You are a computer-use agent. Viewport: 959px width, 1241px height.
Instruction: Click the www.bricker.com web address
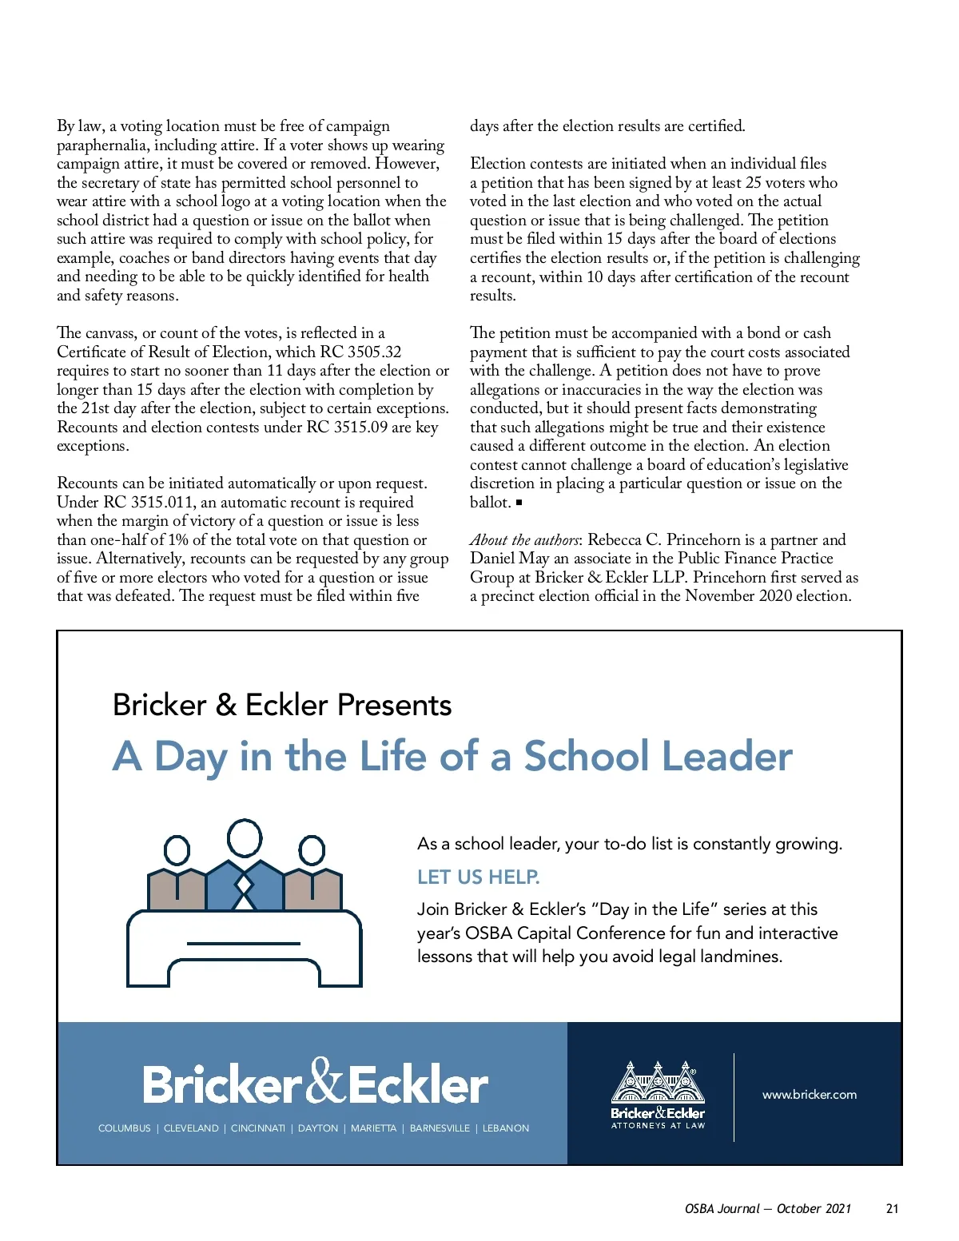(809, 1095)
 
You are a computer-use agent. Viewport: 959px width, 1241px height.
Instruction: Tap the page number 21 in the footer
(893, 1209)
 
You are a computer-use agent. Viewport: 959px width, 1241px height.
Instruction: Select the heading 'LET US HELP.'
(478, 877)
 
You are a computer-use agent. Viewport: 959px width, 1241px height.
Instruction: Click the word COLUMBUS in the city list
(124, 1128)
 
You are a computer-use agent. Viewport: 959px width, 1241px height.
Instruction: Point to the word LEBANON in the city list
(506, 1128)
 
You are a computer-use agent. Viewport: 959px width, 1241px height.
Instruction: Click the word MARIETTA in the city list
(373, 1128)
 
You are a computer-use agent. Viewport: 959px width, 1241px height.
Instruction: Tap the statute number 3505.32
(374, 352)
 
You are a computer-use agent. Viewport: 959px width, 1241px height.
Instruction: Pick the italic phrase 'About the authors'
(524, 540)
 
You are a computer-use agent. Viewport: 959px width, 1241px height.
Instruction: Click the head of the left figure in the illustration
(177, 850)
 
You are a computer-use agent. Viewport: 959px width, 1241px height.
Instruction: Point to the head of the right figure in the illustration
(312, 850)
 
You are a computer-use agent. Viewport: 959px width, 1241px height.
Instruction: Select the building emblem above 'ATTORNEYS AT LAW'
(658, 1083)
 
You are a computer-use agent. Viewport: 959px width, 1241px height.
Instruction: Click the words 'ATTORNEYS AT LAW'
(658, 1126)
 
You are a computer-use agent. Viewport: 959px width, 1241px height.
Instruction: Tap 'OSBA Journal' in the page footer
(722, 1209)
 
